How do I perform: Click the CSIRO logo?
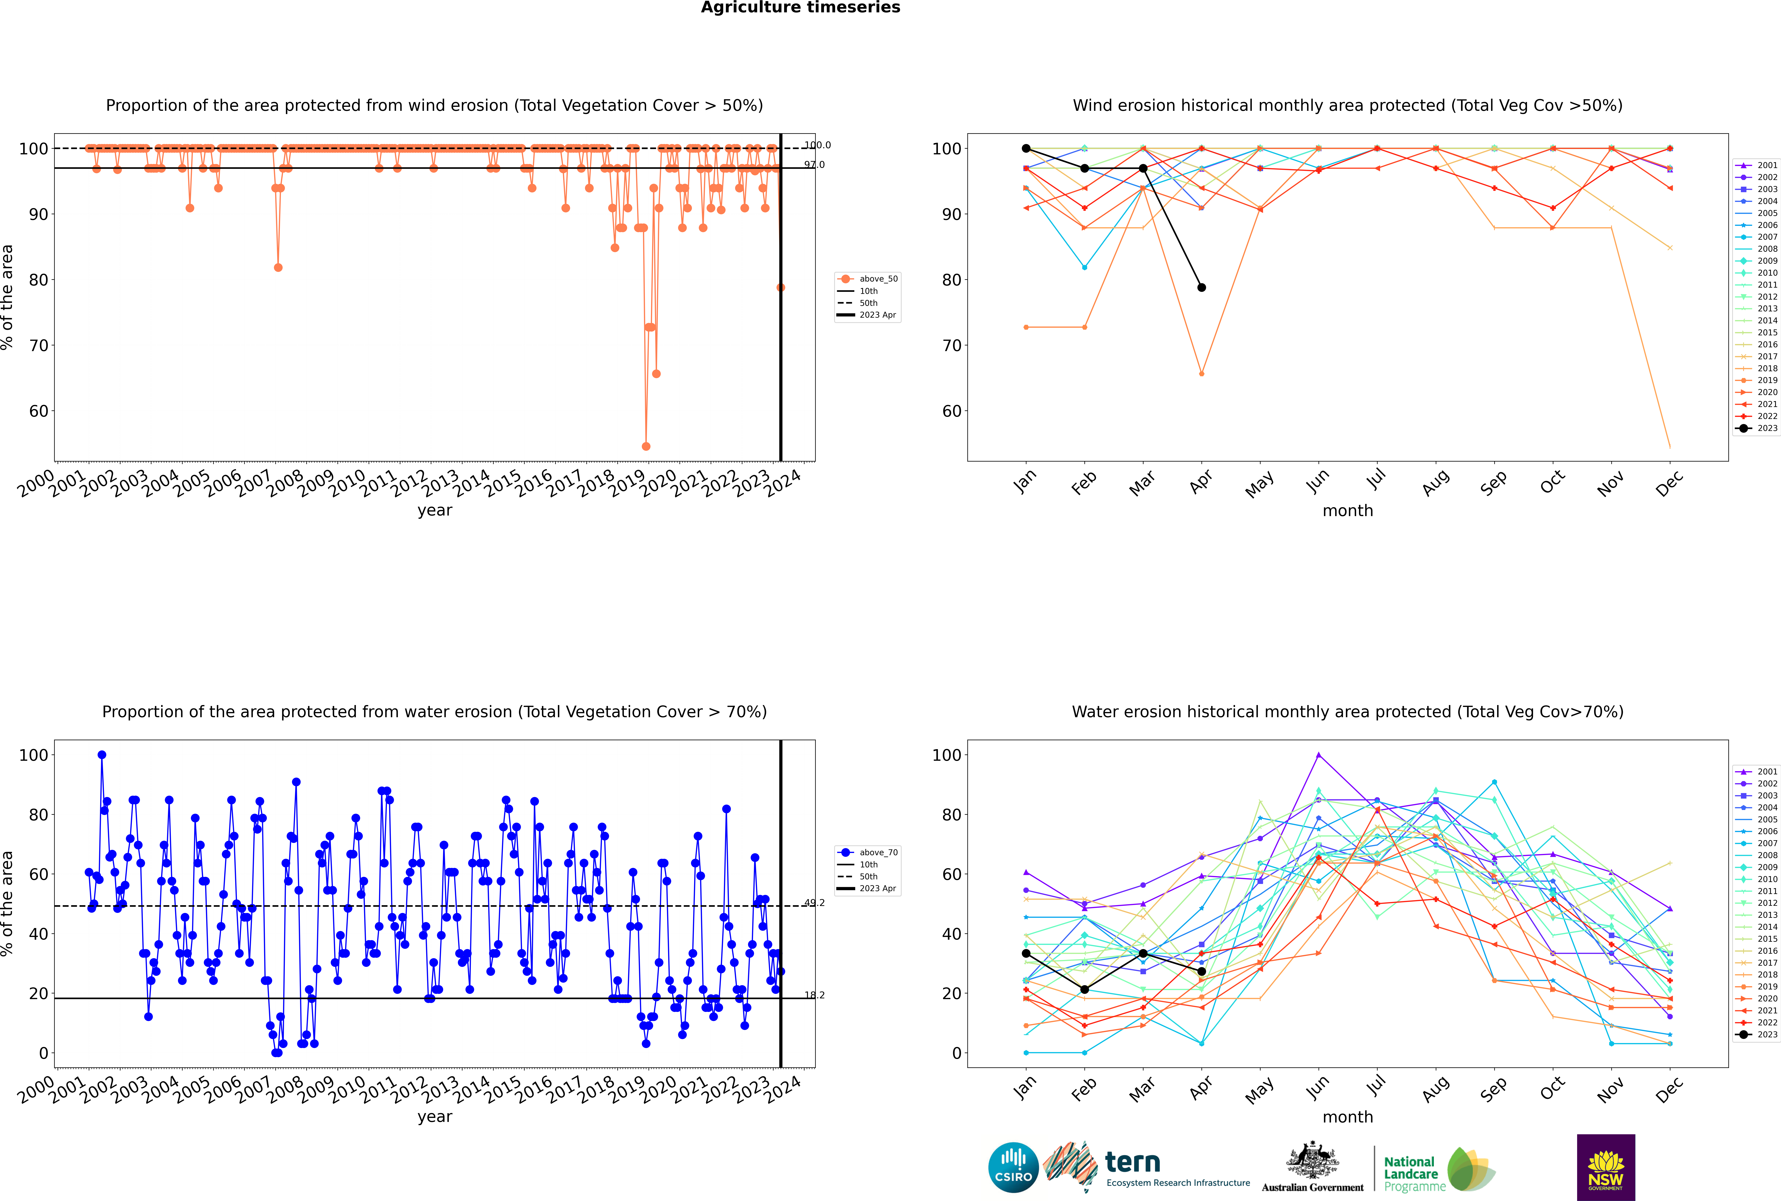point(1013,1167)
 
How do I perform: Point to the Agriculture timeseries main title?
point(800,8)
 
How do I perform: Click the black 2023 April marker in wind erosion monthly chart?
point(1201,287)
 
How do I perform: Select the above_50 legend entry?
point(868,279)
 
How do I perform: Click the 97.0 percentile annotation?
point(814,165)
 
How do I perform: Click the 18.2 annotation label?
point(814,995)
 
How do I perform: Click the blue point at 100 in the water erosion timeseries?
point(102,754)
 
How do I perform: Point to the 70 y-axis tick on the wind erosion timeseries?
point(38,345)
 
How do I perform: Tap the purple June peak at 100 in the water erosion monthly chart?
point(1319,754)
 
